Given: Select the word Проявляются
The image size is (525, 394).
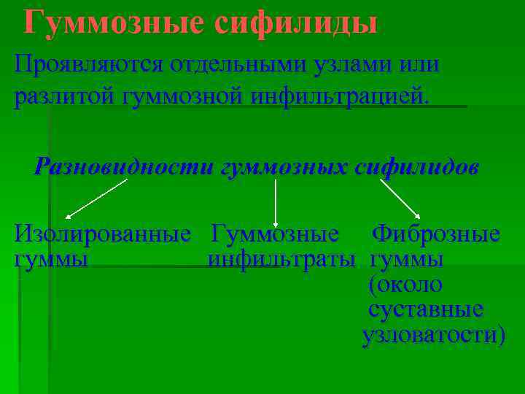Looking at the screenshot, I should [87, 64].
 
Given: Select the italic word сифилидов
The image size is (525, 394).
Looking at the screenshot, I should [416, 167].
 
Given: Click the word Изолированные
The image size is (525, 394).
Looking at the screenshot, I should [103, 234].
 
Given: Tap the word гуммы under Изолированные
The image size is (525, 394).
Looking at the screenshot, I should [52, 259].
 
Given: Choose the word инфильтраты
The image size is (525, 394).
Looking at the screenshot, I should [281, 259].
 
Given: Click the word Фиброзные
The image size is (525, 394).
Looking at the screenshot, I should [435, 234].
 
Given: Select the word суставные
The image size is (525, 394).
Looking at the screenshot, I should [425, 309].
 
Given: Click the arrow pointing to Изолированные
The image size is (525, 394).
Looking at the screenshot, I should [96, 198].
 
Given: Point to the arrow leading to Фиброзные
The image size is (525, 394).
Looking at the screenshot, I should [400, 198].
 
